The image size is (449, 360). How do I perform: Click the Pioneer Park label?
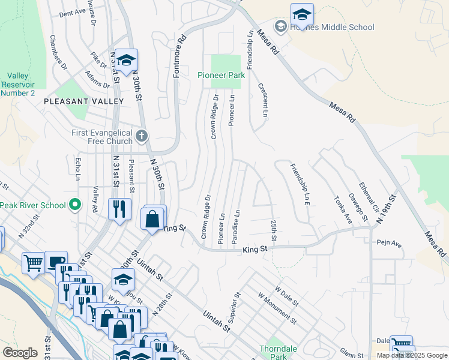click(221, 76)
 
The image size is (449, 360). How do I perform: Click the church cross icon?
click(142, 135)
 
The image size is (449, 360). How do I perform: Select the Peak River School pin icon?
click(75, 205)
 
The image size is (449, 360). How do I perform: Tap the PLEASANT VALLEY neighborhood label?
click(83, 102)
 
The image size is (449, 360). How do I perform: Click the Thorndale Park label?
click(273, 352)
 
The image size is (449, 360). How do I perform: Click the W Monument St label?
click(277, 308)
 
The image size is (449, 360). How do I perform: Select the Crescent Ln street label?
click(264, 99)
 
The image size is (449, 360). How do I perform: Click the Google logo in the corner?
click(20, 353)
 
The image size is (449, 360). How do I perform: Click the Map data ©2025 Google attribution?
click(411, 355)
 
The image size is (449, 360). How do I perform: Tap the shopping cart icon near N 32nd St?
click(33, 262)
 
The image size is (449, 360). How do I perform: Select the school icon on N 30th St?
click(126, 60)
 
